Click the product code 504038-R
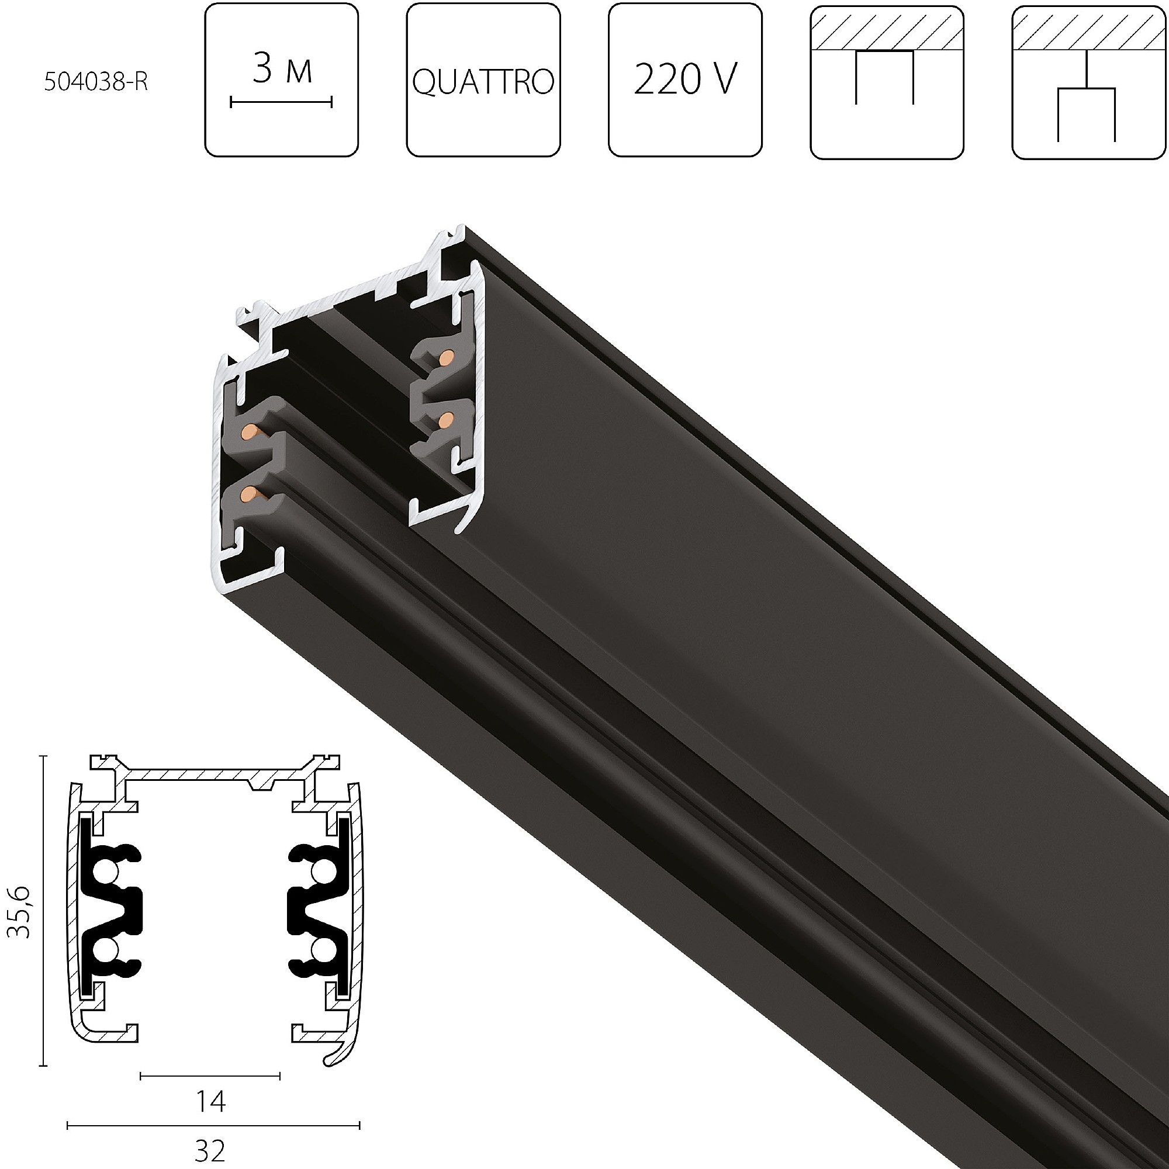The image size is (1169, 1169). click(96, 82)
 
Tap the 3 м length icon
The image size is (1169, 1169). click(281, 80)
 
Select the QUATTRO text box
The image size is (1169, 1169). click(483, 80)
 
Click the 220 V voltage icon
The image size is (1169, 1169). click(685, 80)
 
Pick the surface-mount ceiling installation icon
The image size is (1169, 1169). click(887, 82)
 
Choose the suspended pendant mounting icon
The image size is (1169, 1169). click(1088, 82)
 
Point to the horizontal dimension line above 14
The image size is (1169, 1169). click(210, 1075)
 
